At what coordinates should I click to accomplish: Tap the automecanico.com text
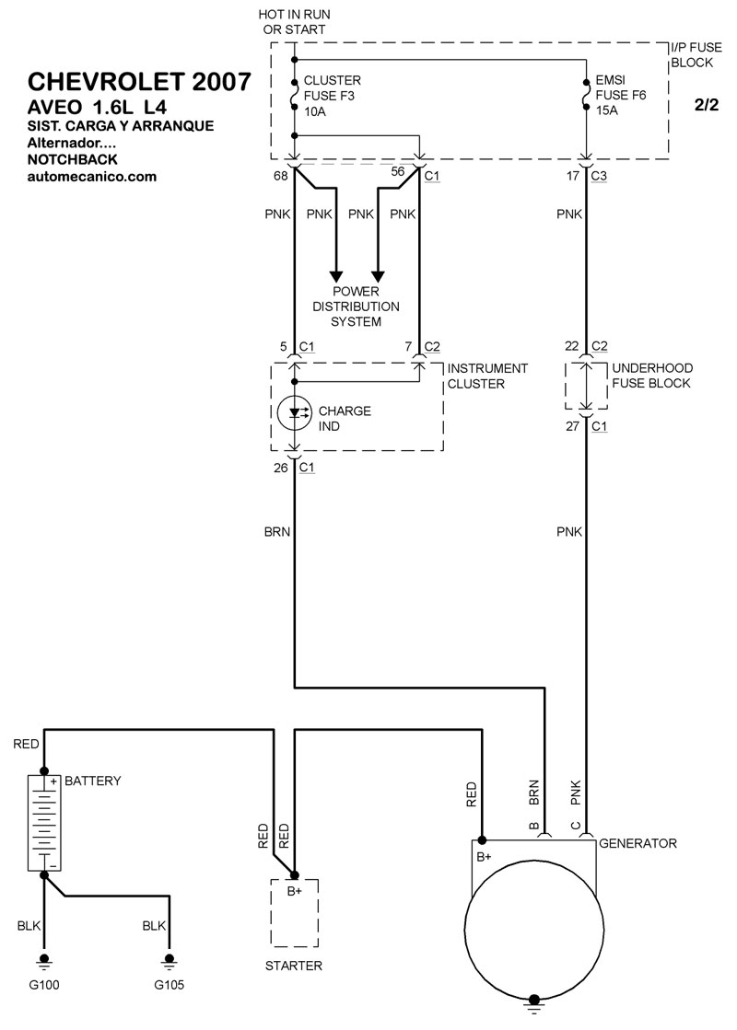pos(92,176)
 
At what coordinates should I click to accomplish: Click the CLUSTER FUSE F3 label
pos(332,96)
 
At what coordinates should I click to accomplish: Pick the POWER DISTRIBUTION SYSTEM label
pos(356,306)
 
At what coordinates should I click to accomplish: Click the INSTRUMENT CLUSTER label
pos(487,376)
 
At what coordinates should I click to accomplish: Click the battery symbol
pos(43,822)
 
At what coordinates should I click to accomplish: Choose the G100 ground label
pos(43,985)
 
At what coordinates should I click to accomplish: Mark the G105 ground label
pos(169,985)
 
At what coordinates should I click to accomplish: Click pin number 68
pos(280,172)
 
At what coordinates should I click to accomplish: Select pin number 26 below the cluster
pos(281,468)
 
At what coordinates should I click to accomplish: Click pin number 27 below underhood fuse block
pos(572,426)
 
